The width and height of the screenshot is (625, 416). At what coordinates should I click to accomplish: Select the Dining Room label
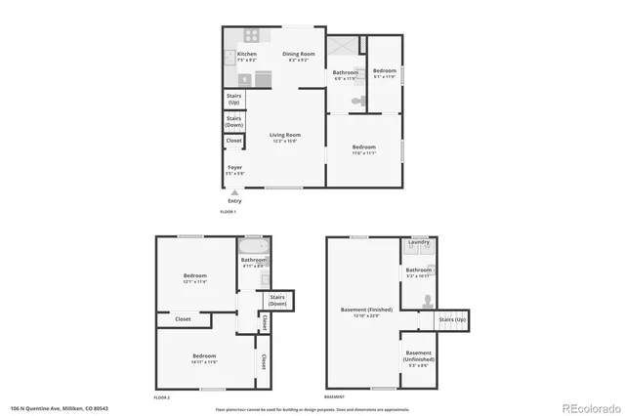[x=299, y=56]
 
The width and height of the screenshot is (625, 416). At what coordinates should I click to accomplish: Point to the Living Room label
[x=286, y=137]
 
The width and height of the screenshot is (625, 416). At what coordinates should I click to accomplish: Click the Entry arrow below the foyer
[x=233, y=193]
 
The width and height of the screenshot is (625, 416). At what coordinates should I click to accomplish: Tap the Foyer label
[x=235, y=169]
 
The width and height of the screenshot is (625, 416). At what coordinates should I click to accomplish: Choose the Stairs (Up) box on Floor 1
[x=234, y=99]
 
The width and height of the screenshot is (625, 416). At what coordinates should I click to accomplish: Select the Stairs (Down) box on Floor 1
[x=234, y=121]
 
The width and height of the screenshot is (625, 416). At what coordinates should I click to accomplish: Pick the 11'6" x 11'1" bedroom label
[x=363, y=149]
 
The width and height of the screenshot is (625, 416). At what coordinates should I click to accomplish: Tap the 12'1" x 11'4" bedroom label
[x=195, y=277]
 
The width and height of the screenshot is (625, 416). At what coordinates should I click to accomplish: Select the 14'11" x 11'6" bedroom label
[x=204, y=357]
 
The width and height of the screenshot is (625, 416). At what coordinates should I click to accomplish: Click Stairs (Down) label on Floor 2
[x=277, y=301]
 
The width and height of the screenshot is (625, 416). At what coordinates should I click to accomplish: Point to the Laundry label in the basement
[x=419, y=242]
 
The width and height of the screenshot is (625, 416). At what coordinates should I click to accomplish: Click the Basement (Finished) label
[x=367, y=312]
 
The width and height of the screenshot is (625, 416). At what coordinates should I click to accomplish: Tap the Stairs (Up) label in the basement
[x=452, y=319]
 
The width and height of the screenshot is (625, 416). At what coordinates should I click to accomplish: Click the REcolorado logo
[x=588, y=407]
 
